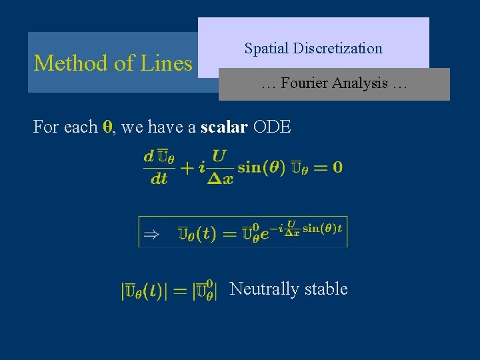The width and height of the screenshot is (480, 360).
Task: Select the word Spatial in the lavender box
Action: coord(265,49)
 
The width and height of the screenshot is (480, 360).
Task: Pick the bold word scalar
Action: coord(224,126)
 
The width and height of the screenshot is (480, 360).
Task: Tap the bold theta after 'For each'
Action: coord(107,127)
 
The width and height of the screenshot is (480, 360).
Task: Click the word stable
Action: coord(326,289)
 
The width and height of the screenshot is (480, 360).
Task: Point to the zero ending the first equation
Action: coord(337,167)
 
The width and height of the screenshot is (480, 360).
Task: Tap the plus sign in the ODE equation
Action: coord(187,167)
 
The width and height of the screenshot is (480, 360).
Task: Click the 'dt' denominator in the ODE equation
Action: coord(159,179)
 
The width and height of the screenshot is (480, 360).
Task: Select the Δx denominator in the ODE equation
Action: coord(219,179)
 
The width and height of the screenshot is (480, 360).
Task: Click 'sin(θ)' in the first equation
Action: coord(261,167)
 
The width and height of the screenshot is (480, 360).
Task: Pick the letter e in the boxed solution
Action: coord(265,233)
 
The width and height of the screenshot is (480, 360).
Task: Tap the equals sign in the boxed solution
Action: coord(229,233)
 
